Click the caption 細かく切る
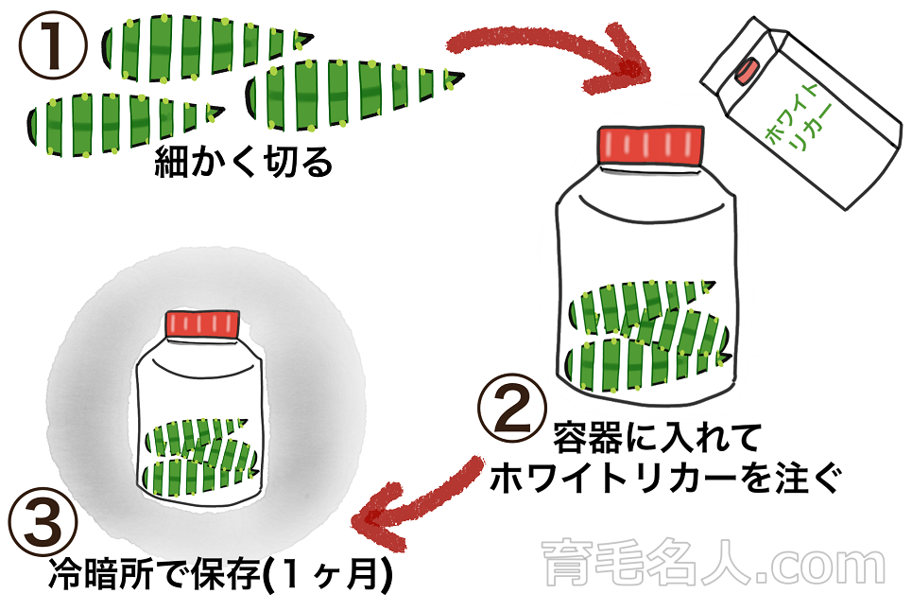click(x=243, y=164)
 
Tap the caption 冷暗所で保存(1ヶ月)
click(x=219, y=574)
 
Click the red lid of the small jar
click(x=201, y=323)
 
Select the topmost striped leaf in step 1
click(x=203, y=42)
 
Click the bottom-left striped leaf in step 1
click(x=118, y=118)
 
